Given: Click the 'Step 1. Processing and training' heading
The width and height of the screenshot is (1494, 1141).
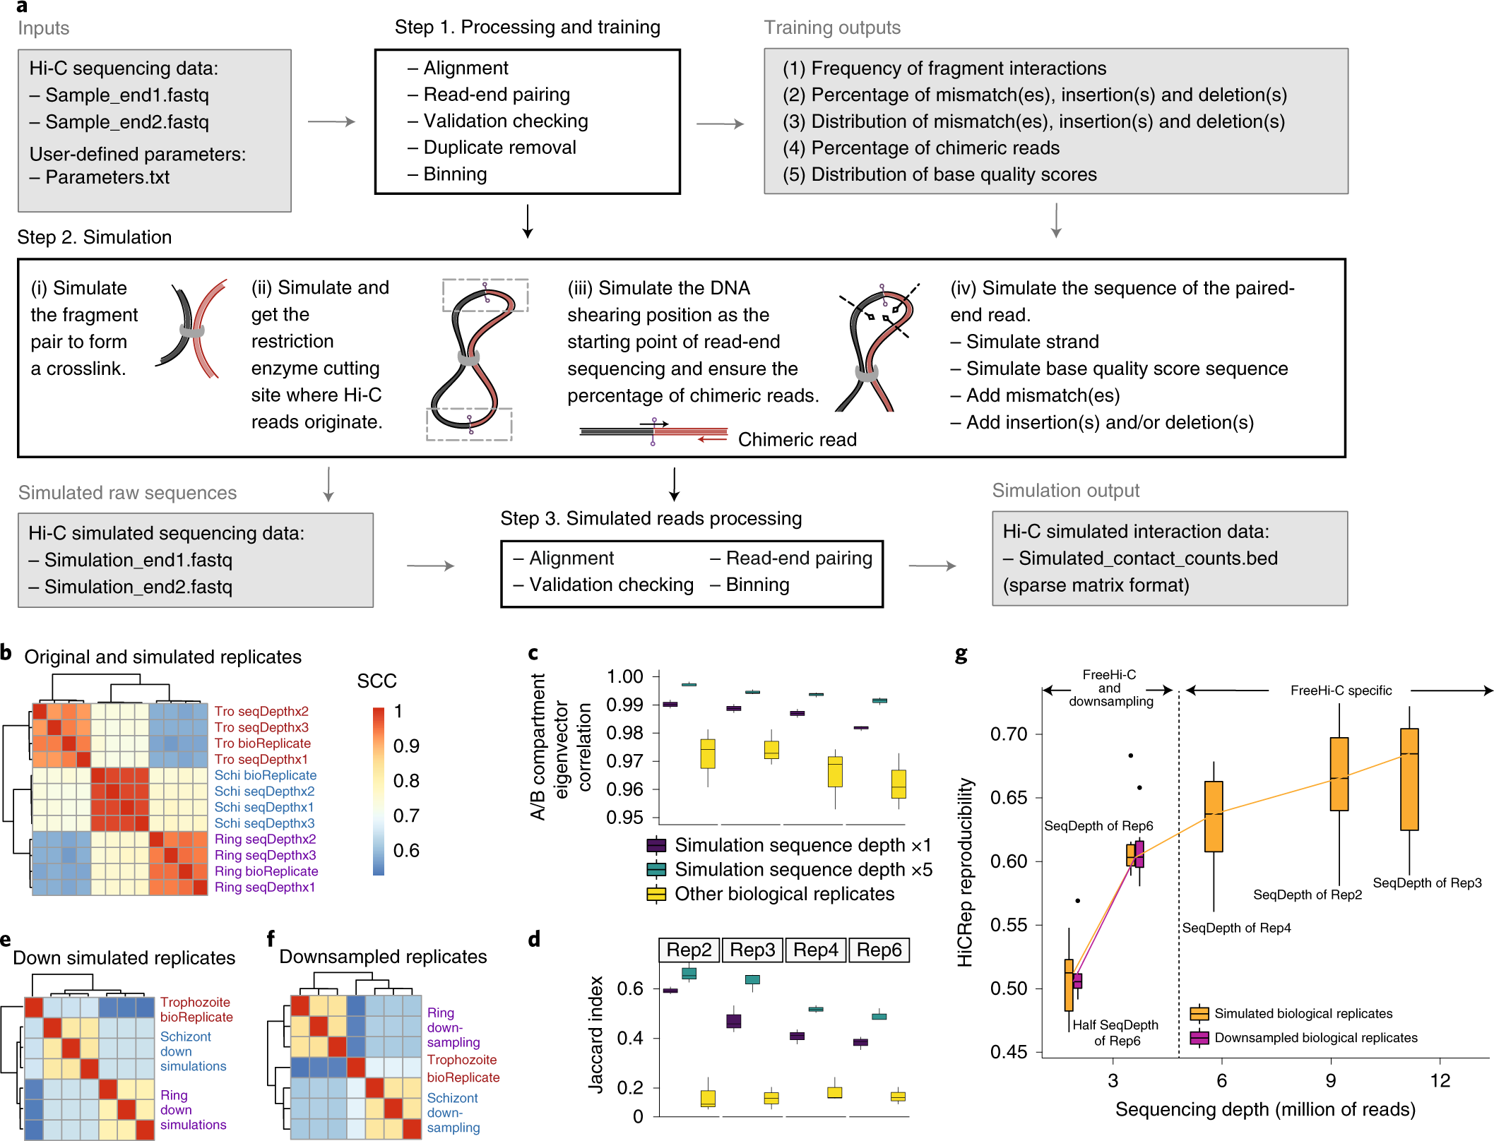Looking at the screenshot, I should pyautogui.click(x=527, y=28).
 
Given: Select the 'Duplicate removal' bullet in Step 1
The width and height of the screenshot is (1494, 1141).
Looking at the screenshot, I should pyautogui.click(x=499, y=148).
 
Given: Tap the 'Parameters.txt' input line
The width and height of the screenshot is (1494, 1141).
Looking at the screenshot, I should pyautogui.click(x=107, y=177).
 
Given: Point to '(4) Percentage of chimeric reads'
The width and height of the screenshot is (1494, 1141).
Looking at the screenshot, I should pyautogui.click(x=921, y=148).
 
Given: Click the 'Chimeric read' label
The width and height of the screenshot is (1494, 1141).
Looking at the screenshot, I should pyautogui.click(x=797, y=439).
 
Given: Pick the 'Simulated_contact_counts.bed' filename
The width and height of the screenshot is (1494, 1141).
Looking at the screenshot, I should pyautogui.click(x=1148, y=558).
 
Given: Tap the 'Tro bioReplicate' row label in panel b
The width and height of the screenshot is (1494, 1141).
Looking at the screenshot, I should pyautogui.click(x=263, y=743).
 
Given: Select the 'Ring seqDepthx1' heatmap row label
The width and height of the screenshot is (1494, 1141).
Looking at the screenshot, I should pyautogui.click(x=265, y=887).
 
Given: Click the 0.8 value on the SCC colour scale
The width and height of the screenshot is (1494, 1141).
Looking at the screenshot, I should pyautogui.click(x=406, y=781).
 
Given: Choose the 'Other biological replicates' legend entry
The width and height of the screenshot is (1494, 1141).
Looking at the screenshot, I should pyautogui.click(x=784, y=894).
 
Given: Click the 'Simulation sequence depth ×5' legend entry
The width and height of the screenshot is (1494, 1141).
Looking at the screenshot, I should pyautogui.click(x=803, y=869).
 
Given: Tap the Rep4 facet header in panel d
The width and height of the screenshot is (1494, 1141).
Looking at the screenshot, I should pyautogui.click(x=816, y=950).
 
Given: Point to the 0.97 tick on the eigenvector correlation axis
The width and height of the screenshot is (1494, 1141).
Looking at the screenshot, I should pyautogui.click(x=625, y=761).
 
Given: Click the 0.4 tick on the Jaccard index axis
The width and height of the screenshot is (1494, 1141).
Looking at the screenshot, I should pyautogui.click(x=630, y=1038).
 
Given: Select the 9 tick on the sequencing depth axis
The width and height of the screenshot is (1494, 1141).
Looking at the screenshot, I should pyautogui.click(x=1331, y=1080).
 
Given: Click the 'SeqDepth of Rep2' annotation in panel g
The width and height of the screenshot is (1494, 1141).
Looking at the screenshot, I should pyautogui.click(x=1308, y=895).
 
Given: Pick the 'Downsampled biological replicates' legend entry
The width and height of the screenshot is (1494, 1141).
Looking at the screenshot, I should pyautogui.click(x=1315, y=1037).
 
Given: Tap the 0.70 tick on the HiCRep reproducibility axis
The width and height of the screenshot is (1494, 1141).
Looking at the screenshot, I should pyautogui.click(x=1009, y=734).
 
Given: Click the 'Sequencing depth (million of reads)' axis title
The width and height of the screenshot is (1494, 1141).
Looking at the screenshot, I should pyautogui.click(x=1265, y=1109).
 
